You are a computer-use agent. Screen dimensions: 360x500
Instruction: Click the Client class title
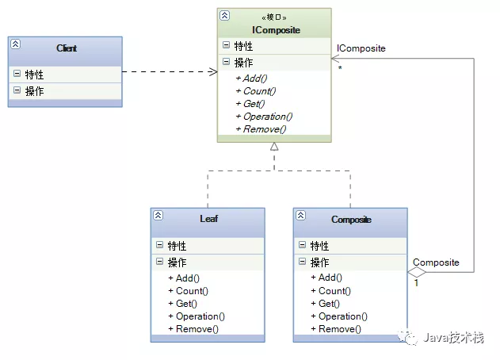click(x=67, y=48)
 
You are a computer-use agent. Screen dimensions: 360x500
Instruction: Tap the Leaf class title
click(x=208, y=220)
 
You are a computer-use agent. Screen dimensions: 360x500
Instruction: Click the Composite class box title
click(x=351, y=220)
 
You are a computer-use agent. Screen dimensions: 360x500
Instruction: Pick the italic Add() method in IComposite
click(x=255, y=78)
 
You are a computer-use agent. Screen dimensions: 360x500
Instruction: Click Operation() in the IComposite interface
click(x=264, y=117)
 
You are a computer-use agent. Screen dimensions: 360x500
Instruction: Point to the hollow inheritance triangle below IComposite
click(x=274, y=147)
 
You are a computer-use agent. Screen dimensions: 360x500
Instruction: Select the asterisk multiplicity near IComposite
click(x=340, y=69)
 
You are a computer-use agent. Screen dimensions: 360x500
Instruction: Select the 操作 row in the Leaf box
click(x=177, y=262)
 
